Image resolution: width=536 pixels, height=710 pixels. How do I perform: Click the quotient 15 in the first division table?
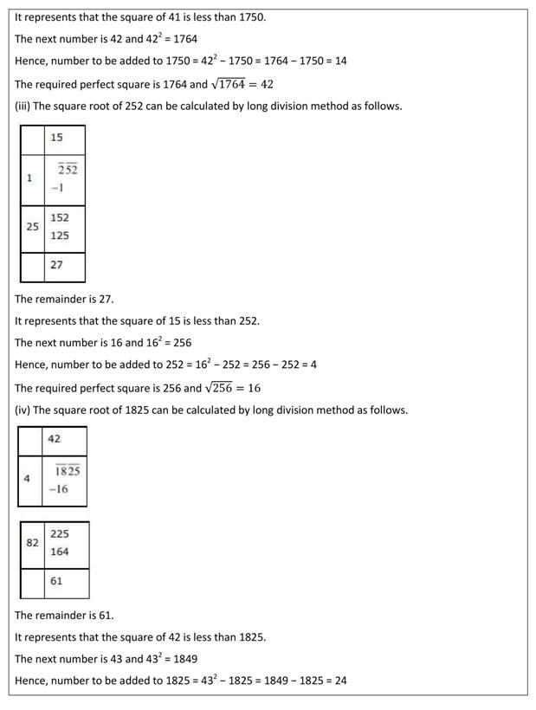click(x=56, y=138)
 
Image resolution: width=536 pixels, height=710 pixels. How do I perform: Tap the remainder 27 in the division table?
click(x=56, y=265)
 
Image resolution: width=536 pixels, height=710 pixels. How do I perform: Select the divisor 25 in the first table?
click(x=32, y=227)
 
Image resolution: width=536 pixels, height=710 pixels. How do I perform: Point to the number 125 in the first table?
click(x=60, y=236)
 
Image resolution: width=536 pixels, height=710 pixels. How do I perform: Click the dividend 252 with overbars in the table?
click(x=68, y=170)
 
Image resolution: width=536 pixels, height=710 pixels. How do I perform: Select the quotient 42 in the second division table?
click(x=55, y=439)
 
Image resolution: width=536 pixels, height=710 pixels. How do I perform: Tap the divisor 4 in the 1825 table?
click(x=27, y=478)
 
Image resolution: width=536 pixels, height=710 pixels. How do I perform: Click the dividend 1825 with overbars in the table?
click(x=68, y=470)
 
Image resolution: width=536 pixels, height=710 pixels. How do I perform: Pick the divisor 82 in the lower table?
click(x=32, y=543)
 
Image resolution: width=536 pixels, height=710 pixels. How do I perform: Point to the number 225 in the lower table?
click(x=60, y=534)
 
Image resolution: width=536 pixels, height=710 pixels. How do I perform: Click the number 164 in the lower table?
click(x=60, y=552)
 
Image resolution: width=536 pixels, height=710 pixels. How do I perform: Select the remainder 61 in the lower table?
click(x=56, y=581)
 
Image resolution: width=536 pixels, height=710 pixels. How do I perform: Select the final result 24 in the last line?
click(x=340, y=681)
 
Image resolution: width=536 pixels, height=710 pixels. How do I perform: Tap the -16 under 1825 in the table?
click(x=59, y=489)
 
